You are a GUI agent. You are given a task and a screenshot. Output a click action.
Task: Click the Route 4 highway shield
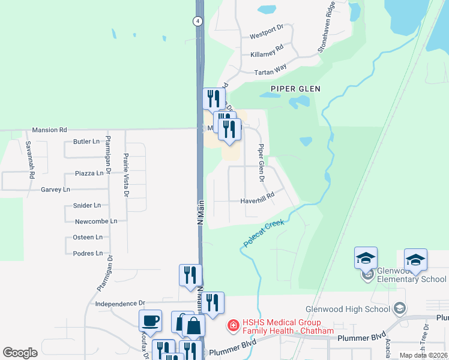click(x=197, y=21)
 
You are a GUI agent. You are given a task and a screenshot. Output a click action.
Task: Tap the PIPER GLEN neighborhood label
click(x=295, y=88)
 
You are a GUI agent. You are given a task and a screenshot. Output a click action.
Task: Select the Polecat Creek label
click(x=264, y=234)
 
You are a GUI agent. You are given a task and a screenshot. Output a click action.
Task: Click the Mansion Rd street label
click(x=50, y=129)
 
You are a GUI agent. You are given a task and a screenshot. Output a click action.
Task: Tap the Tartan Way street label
click(x=271, y=72)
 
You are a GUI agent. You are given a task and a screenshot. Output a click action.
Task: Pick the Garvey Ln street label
click(x=55, y=190)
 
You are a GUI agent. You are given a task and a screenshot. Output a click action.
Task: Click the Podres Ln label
click(x=88, y=253)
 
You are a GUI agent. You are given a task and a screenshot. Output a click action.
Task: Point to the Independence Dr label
click(x=121, y=304)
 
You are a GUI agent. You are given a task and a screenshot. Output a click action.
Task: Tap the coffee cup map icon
click(x=150, y=320)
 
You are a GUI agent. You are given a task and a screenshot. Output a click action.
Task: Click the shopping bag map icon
click(x=194, y=326)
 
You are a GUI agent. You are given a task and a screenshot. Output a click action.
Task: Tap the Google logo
click(x=20, y=352)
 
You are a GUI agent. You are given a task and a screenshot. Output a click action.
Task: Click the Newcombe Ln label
click(x=96, y=221)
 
